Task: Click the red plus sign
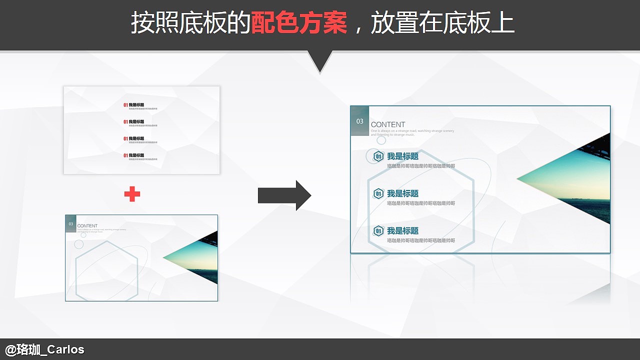tap(132, 194)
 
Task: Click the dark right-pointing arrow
tap(284, 195)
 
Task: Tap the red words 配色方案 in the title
tap(299, 23)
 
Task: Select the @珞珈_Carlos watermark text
tap(44, 349)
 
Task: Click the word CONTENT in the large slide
tap(388, 124)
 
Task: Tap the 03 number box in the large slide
tap(360, 121)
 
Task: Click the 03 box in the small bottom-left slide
tap(71, 224)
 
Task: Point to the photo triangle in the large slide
tap(575, 179)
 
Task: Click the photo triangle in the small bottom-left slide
tap(197, 258)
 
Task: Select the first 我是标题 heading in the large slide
tap(402, 156)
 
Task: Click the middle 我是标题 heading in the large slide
tap(402, 193)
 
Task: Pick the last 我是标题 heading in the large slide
tap(402, 230)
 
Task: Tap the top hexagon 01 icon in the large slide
tap(378, 156)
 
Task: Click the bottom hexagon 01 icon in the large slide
tap(378, 230)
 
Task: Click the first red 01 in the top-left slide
tap(126, 105)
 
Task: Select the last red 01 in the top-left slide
tap(126, 155)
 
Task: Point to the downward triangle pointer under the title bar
tap(319, 61)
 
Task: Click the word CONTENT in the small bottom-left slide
tap(87, 226)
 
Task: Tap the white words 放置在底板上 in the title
tap(442, 23)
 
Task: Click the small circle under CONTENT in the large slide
tap(381, 140)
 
